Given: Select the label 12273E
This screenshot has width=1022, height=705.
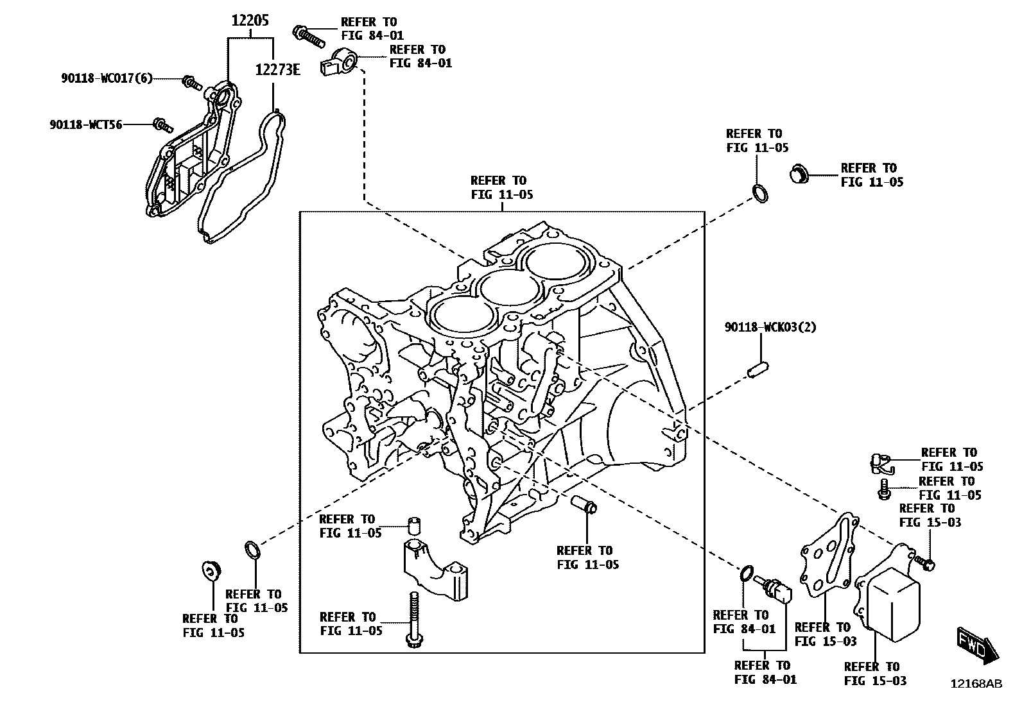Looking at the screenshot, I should [x=277, y=69].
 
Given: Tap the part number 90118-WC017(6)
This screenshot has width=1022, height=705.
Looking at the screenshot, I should [x=107, y=78].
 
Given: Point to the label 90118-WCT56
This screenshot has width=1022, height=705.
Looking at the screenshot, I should [x=86, y=124].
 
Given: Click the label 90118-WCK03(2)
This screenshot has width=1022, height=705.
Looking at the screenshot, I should [x=770, y=327].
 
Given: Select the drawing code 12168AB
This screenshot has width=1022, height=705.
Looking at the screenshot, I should [x=976, y=684].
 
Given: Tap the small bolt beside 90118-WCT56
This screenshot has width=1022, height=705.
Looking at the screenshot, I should [x=160, y=124].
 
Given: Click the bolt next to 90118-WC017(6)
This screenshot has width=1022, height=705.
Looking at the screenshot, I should [x=191, y=82].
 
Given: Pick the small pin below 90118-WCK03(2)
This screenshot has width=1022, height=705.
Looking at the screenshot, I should [x=759, y=370].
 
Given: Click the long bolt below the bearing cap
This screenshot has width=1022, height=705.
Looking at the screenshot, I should [x=411, y=619].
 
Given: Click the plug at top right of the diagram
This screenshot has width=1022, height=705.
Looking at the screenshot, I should [x=798, y=174].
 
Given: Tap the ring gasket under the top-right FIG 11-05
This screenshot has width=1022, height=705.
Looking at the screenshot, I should [x=759, y=194].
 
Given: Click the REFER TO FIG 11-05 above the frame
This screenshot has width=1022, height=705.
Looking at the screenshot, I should [x=501, y=187].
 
